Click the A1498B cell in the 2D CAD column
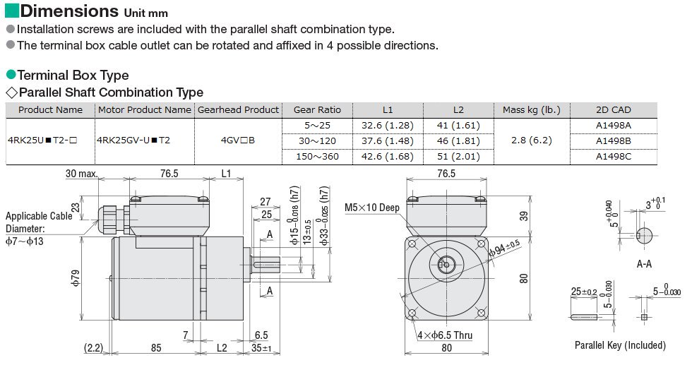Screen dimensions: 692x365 pyautogui.click(x=614, y=140)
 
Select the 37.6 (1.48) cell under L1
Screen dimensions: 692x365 pyautogui.click(x=388, y=140)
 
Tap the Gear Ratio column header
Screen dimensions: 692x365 pyautogui.click(x=317, y=110)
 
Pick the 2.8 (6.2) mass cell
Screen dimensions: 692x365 pyautogui.click(x=531, y=140)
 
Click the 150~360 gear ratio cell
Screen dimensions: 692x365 pyautogui.click(x=317, y=156)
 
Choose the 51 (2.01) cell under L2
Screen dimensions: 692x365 pyautogui.click(x=458, y=156)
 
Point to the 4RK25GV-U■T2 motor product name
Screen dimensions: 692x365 pyautogui.click(x=133, y=140)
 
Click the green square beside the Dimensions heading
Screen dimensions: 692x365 pyautogui.click(x=11, y=11)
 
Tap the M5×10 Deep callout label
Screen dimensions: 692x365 pyautogui.click(x=371, y=208)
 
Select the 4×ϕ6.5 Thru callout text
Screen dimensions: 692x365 pyautogui.click(x=445, y=335)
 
